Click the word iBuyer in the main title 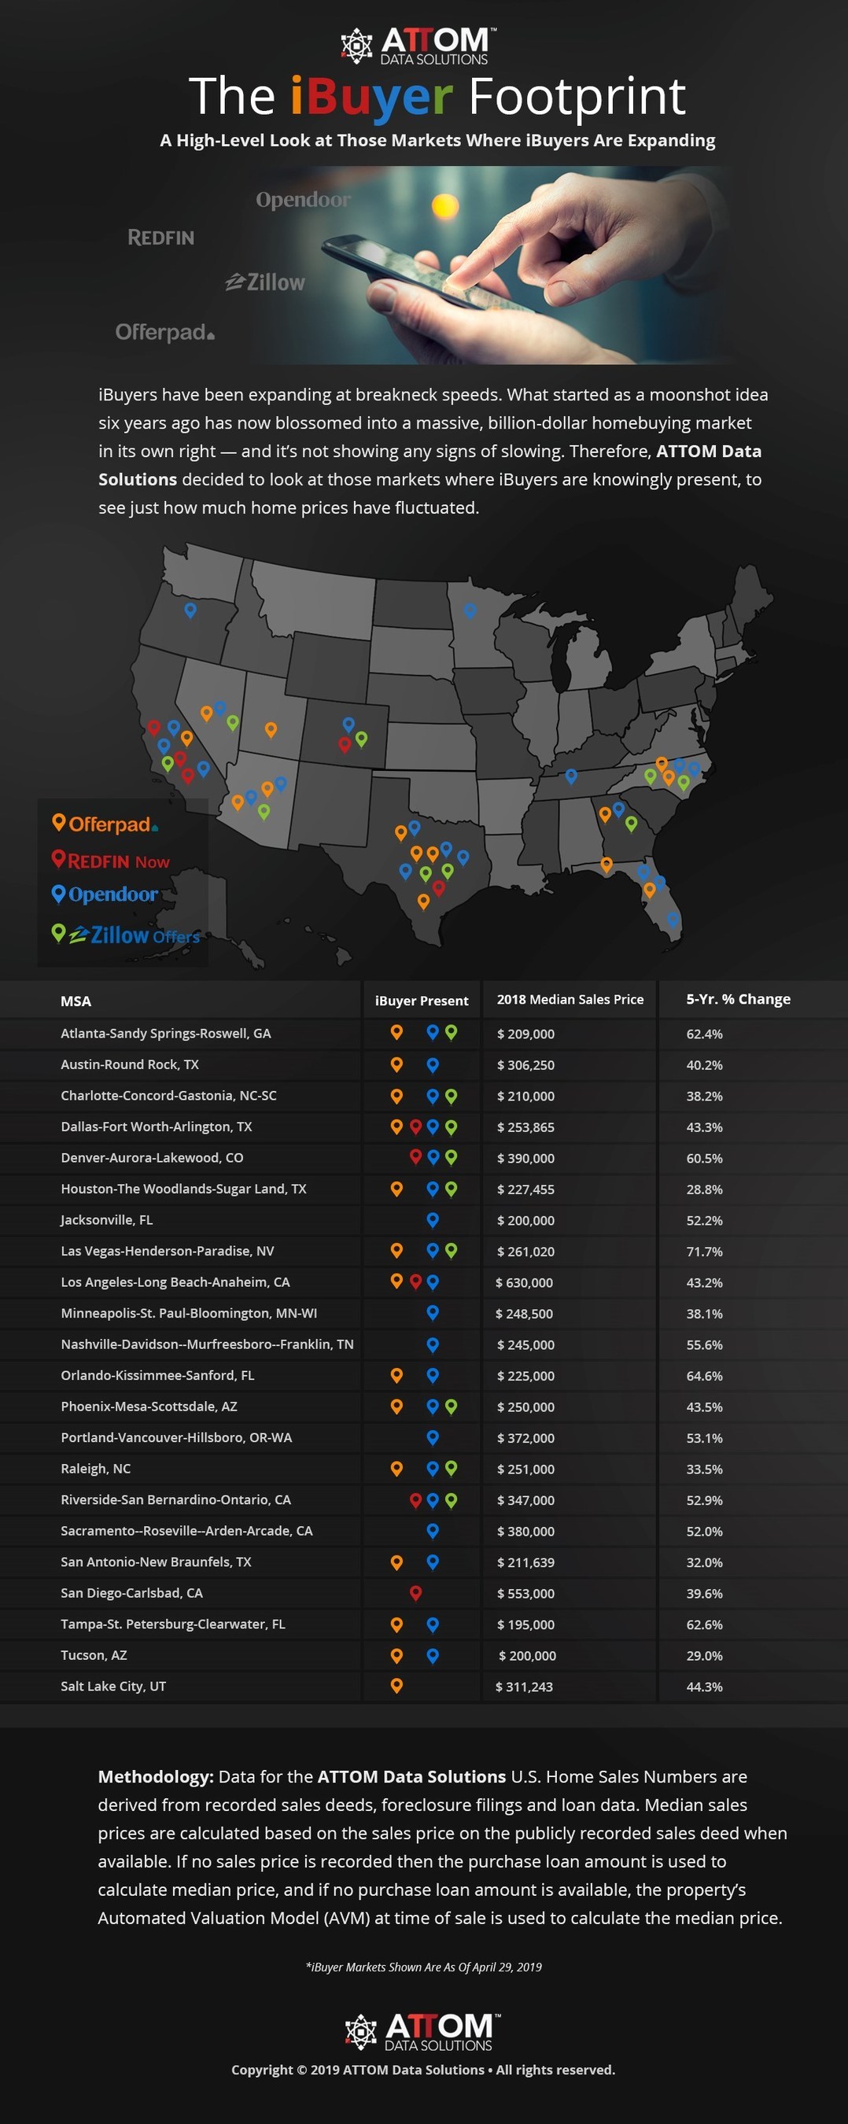pos(371,97)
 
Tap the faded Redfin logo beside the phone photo pos(160,238)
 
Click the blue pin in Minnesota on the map pos(470,610)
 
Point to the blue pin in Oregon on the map pos(190,610)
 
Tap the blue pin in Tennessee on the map pos(571,775)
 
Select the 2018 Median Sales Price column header pos(570,999)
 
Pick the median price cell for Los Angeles pos(525,1282)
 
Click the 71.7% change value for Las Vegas pos(703,1251)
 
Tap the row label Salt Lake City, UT pos(113,1686)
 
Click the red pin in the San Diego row pos(416,1592)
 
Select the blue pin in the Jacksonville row pos(432,1219)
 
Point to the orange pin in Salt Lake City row pos(396,1685)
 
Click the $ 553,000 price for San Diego pos(525,1593)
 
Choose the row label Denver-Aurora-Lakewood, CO pos(152,1158)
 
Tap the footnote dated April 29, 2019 pos(424,1967)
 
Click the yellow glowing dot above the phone pos(444,204)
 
